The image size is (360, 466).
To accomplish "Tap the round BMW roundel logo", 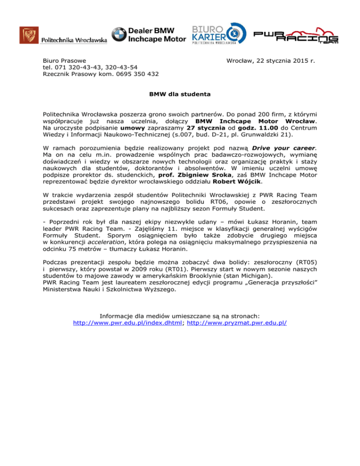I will tap(119, 35).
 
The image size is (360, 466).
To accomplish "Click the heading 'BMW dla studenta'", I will tap(180, 94).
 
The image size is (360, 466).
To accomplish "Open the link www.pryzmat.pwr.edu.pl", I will tap(237, 323).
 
